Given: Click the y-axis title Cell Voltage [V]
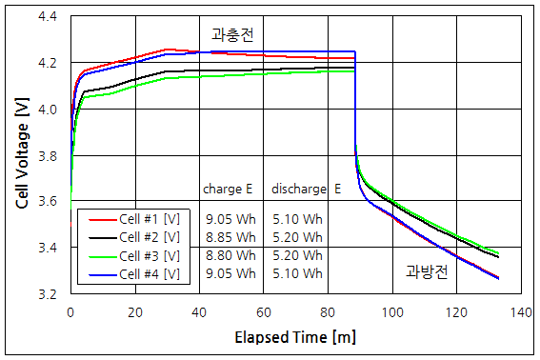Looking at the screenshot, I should [x=21, y=155].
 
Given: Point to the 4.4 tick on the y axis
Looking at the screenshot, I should [x=47, y=17].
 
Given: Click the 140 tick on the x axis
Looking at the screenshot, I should [x=519, y=311].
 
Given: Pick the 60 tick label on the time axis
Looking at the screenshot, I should [x=263, y=311].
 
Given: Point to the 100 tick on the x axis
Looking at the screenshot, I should [x=390, y=311].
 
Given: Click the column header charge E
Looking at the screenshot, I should [x=228, y=189].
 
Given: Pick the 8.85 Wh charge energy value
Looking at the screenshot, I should [x=230, y=237].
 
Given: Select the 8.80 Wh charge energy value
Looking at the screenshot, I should [x=230, y=255].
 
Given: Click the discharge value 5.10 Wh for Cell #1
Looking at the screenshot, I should [x=297, y=218].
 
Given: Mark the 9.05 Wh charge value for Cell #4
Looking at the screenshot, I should [x=230, y=274].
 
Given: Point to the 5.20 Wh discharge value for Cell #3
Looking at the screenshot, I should [x=297, y=255].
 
